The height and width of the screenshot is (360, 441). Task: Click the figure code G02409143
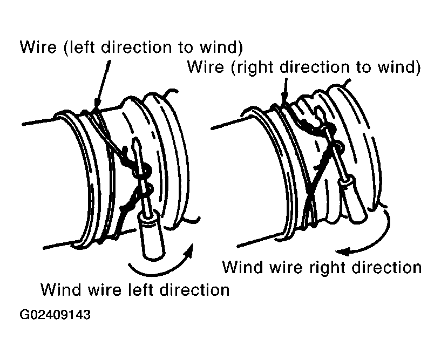click(56, 314)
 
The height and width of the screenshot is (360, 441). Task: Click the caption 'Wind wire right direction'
click(322, 267)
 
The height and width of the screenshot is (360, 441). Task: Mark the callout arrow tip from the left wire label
click(96, 108)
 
